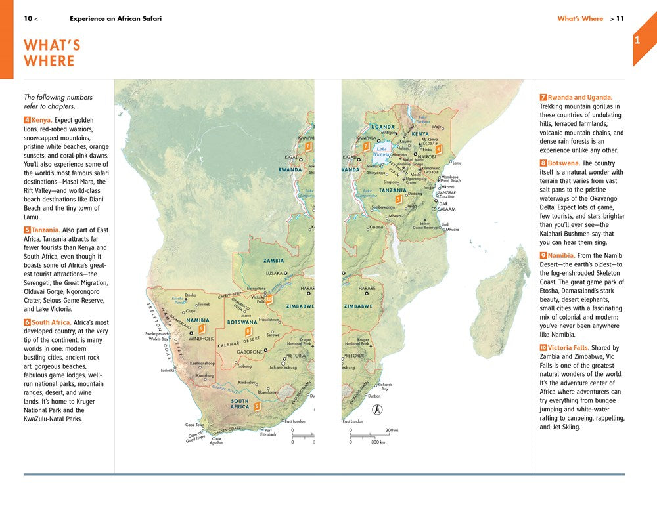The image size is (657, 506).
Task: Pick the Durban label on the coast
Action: coord(374,396)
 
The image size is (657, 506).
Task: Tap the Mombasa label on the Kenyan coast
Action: coord(450,177)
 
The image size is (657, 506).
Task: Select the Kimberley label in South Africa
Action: coord(247,381)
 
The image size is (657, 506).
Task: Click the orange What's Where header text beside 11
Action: coord(580,18)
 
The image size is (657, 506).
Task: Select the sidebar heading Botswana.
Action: coord(562,163)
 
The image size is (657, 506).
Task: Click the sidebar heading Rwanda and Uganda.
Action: coord(580,97)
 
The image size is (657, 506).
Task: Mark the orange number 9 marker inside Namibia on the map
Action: coord(202,328)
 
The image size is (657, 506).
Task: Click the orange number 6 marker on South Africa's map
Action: coord(257,406)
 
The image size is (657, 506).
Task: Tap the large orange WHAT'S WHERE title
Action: coord(52,53)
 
